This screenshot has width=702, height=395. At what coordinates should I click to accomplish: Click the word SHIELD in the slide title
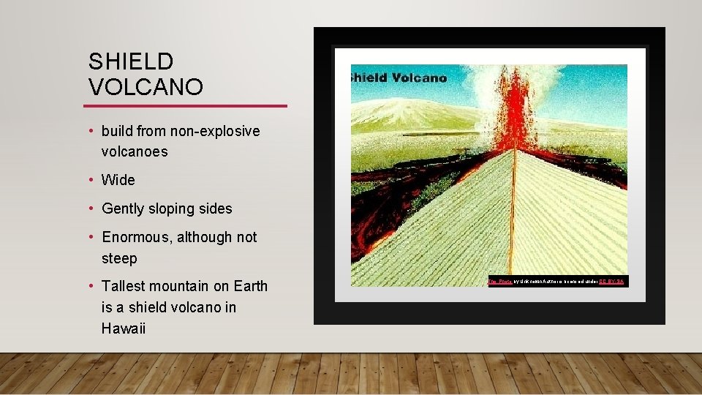(x=131, y=61)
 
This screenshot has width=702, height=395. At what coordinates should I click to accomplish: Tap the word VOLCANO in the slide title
(x=146, y=87)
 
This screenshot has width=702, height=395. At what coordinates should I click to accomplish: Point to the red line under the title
(x=188, y=106)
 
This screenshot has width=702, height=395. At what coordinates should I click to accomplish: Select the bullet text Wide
(x=118, y=180)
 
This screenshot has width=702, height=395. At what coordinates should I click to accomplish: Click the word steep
(x=119, y=259)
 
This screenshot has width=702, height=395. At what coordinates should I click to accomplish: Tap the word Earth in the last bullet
(x=249, y=287)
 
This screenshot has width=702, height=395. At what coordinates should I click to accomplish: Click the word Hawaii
(x=124, y=328)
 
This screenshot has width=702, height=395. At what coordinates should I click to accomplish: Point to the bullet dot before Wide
(x=91, y=180)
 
